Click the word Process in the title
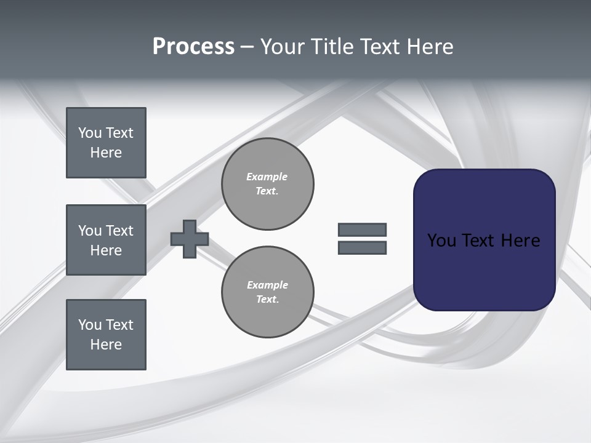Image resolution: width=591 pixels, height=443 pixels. click(193, 47)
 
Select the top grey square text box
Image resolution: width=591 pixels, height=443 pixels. click(106, 143)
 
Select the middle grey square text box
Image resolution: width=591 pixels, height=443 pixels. click(106, 240)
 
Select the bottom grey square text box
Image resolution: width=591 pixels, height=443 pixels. click(106, 335)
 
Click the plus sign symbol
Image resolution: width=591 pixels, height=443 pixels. click(190, 239)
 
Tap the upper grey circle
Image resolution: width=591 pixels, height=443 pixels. click(268, 184)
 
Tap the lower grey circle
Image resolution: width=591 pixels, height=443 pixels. click(268, 292)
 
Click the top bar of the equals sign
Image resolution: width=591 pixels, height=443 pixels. click(363, 229)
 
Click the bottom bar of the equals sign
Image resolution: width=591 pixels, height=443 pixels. click(363, 248)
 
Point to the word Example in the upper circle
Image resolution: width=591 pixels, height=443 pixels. click(267, 177)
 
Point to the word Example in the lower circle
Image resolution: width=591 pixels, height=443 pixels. click(267, 285)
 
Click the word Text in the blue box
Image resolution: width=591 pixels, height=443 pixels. click(478, 241)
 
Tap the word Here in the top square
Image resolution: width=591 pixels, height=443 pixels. click(106, 153)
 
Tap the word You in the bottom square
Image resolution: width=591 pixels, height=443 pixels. click(90, 325)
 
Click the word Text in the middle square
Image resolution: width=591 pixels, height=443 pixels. click(119, 231)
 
